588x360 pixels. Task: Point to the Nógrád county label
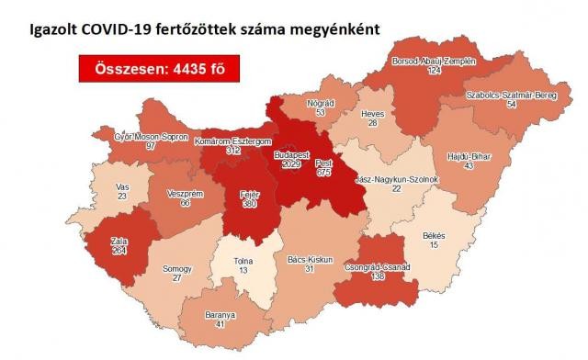tap(317, 101)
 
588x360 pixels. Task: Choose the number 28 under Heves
tap(372, 122)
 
